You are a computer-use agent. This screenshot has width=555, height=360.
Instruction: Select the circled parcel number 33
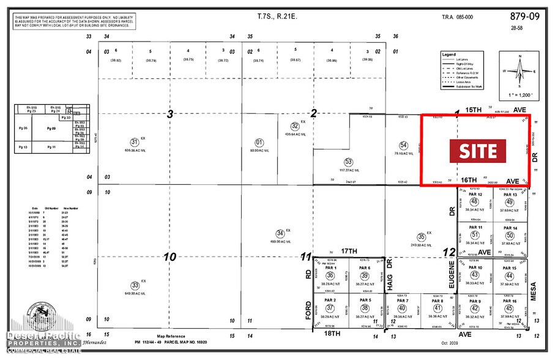tap(135, 285)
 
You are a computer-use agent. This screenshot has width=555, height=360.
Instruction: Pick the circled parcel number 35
tap(421, 237)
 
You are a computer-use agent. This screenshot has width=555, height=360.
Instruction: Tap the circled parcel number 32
tap(295, 126)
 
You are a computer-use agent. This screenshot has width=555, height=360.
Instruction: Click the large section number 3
tap(171, 113)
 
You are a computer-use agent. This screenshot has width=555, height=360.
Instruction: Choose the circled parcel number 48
tap(474, 202)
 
